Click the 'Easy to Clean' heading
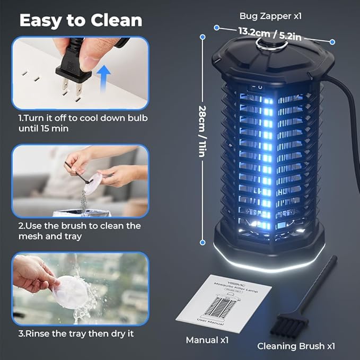coord(81,20)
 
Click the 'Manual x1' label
coord(207,340)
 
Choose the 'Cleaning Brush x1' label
coord(296,346)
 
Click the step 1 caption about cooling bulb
coord(83,122)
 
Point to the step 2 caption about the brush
coord(80,231)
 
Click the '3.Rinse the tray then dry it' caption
coord(76,333)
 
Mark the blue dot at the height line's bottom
coord(203,242)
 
